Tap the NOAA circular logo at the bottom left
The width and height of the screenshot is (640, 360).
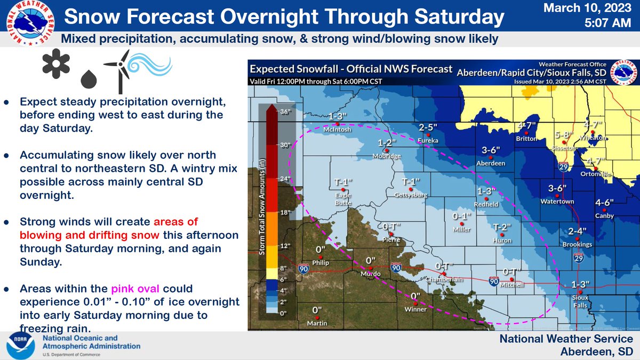coord(20,345)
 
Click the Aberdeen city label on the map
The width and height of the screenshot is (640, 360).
coord(490,163)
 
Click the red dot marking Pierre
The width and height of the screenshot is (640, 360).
coord(391,234)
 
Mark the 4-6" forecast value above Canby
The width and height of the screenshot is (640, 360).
coord(605,202)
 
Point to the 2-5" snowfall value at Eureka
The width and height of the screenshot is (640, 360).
coord(428,127)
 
